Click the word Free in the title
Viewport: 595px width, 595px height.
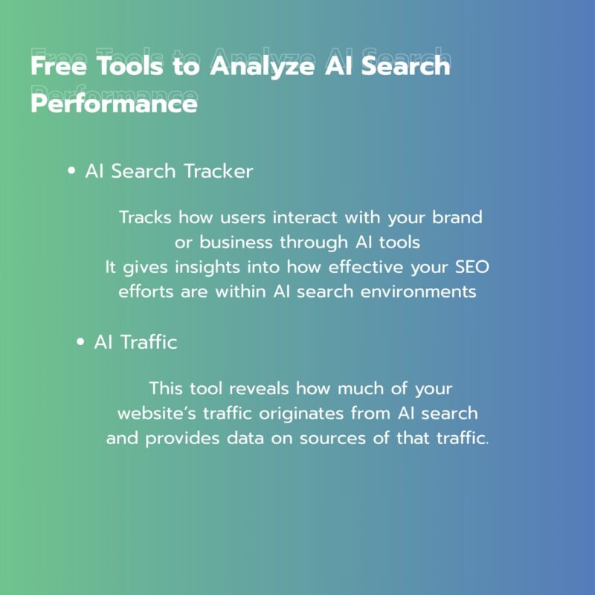[59, 65]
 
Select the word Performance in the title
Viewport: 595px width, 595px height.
[114, 103]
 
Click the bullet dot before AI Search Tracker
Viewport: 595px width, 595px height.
[71, 171]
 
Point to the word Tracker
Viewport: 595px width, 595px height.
[219, 171]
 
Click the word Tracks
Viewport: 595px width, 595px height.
[145, 217]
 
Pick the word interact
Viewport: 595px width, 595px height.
[305, 217]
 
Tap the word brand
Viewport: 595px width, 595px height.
[457, 217]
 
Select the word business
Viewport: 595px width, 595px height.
[236, 242]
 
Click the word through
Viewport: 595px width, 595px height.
[314, 243]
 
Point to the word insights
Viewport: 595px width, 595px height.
[208, 267]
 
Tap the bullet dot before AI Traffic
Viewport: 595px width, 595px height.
[80, 342]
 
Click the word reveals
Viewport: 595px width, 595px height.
[259, 388]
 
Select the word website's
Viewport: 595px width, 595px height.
[156, 414]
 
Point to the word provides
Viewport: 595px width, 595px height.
[182, 439]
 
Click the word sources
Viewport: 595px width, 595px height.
[332, 438]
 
